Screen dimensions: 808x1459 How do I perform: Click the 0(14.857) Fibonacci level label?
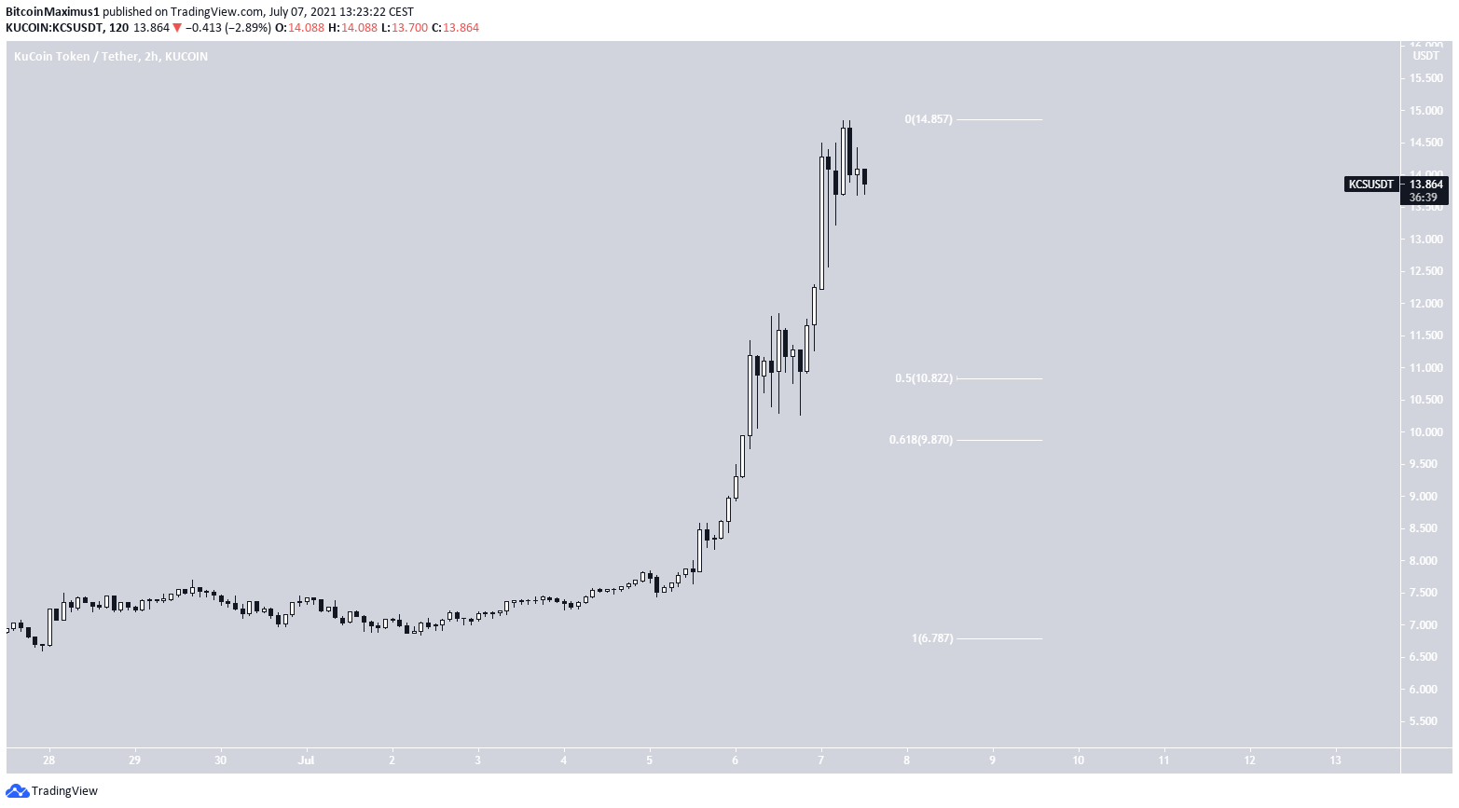(x=929, y=119)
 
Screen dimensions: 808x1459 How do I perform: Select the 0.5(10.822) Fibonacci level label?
(x=924, y=378)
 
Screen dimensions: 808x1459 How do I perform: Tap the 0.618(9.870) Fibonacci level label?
(x=921, y=440)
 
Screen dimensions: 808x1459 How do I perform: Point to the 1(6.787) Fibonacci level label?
(x=932, y=638)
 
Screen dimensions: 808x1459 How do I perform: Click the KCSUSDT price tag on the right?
(x=1371, y=185)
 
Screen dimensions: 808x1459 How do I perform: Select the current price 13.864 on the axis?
(x=1426, y=185)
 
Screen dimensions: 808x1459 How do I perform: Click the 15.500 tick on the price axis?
(x=1425, y=78)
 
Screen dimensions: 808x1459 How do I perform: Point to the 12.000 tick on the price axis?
(x=1425, y=304)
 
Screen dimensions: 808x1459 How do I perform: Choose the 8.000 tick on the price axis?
(x=1425, y=561)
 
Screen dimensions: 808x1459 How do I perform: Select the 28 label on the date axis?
(x=48, y=760)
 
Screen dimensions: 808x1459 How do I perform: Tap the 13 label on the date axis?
(x=1335, y=760)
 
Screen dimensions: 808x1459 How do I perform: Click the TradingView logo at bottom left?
(x=52, y=791)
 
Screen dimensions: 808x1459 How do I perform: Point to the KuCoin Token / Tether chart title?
(x=111, y=57)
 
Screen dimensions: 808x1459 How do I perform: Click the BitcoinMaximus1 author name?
(x=52, y=11)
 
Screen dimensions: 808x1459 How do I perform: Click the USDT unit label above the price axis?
(x=1425, y=56)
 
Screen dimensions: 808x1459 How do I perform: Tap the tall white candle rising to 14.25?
(x=821, y=224)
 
